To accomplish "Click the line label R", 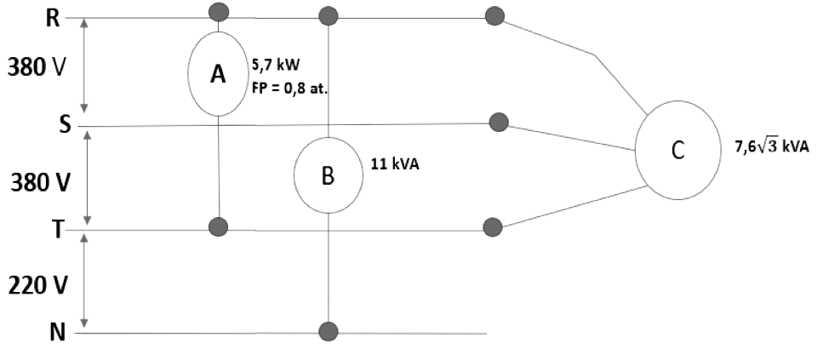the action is click(53, 19).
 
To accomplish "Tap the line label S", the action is click(65, 126).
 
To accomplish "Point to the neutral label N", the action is click(57, 333).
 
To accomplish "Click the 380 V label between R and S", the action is click(36, 68).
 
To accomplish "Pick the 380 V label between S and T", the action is click(40, 183).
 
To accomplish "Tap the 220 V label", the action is click(37, 286).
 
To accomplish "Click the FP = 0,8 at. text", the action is click(289, 89).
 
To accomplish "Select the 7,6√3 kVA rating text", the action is click(772, 147).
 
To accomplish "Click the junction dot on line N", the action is click(328, 332).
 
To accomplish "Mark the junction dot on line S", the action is click(498, 123).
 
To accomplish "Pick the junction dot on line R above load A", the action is click(219, 11).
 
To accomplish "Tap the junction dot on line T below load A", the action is click(219, 226).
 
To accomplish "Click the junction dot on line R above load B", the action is click(328, 16).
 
